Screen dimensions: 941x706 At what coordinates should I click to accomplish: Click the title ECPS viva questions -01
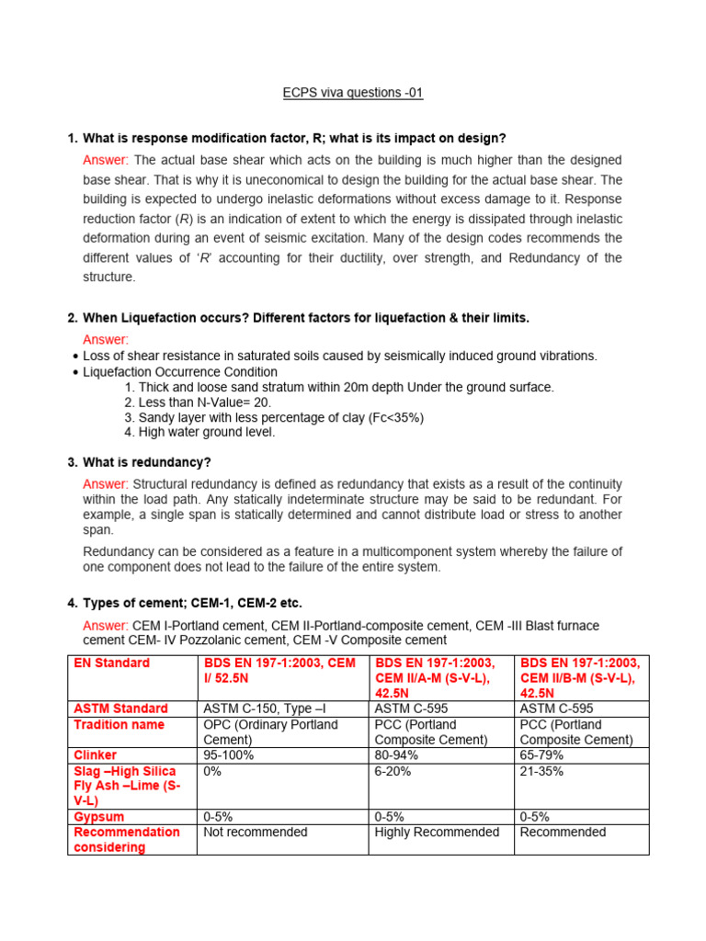(352, 93)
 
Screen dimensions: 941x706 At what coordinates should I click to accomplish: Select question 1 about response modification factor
(294, 138)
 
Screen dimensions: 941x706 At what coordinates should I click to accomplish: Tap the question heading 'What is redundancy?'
(146, 462)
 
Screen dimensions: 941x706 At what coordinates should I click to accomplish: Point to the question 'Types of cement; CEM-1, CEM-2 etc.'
(192, 603)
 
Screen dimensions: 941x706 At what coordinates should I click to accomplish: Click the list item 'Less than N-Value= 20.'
(198, 402)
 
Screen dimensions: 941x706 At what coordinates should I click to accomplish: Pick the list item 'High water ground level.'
(199, 432)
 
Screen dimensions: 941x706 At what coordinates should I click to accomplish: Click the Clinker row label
(96, 754)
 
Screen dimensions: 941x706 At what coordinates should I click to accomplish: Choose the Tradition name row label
(119, 724)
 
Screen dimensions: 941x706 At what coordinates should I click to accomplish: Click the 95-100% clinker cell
(228, 754)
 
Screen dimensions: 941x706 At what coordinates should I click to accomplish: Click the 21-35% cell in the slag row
(541, 771)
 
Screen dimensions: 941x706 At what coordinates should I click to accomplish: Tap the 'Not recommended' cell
(255, 832)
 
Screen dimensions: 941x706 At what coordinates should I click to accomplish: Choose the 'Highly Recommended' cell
(437, 832)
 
